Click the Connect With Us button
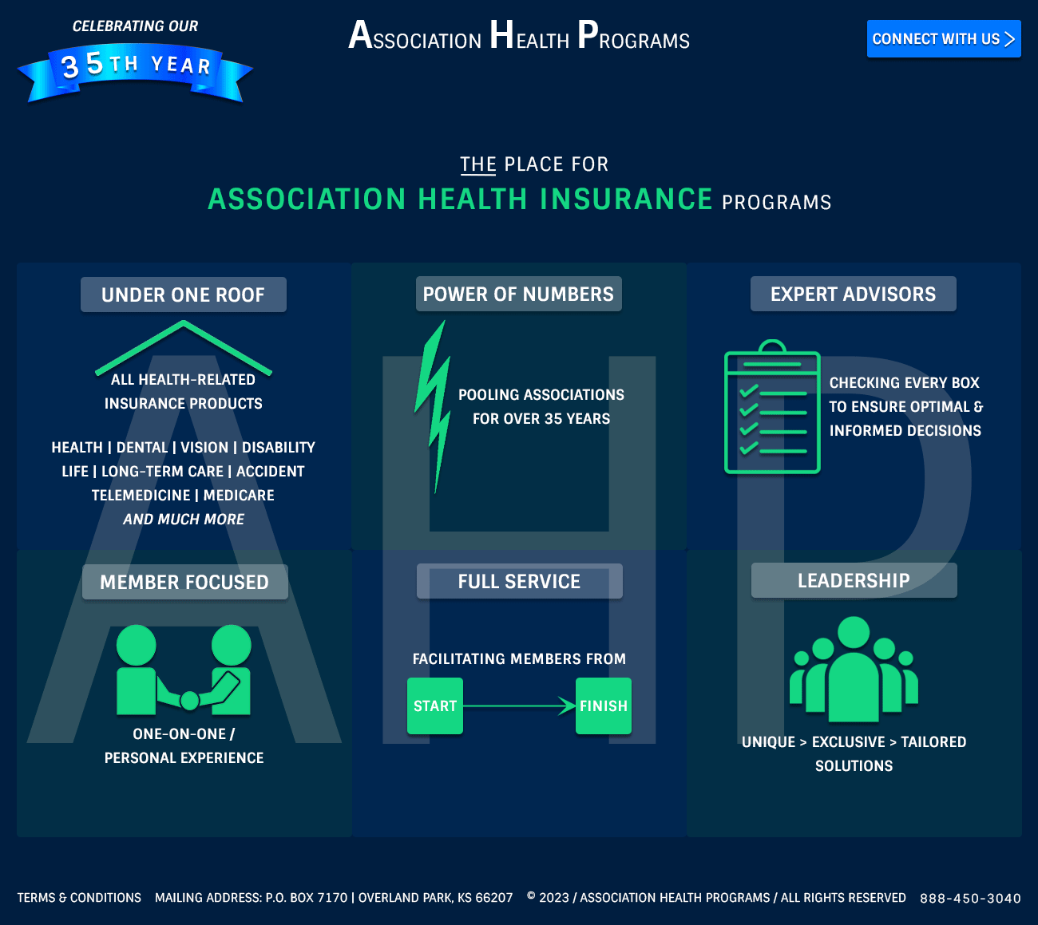[943, 39]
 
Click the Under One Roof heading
[183, 294]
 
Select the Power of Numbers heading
[518, 294]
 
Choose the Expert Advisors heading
[853, 294]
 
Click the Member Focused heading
[184, 582]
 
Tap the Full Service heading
[519, 581]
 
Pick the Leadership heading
[854, 580]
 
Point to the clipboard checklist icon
[771, 408]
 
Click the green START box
[435, 706]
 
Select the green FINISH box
[604, 706]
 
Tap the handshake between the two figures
[189, 699]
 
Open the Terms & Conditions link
[79, 898]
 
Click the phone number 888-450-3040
[970, 898]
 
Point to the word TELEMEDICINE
[141, 495]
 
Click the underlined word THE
[477, 164]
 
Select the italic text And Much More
[184, 519]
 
